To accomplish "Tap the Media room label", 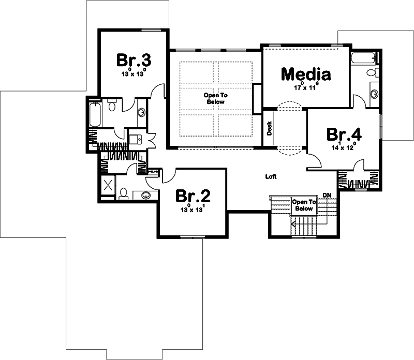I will click(305, 74).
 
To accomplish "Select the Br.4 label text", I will click(344, 134).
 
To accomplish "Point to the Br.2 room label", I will click(193, 196).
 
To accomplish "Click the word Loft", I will click(271, 176).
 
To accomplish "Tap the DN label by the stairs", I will click(327, 194).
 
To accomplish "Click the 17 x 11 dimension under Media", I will click(305, 87).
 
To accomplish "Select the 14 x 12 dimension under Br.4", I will click(344, 147).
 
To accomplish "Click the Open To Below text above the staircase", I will click(303, 205).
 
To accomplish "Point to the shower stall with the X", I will click(108, 185).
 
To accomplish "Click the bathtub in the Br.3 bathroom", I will click(95, 115).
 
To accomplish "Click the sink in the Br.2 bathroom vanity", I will click(146, 195).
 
